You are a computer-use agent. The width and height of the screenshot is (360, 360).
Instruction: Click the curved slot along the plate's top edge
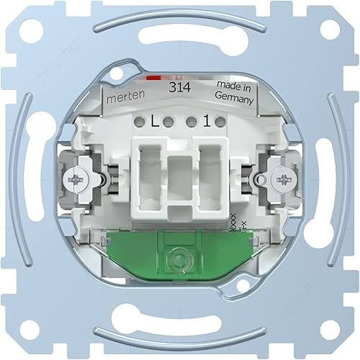point(180,21)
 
